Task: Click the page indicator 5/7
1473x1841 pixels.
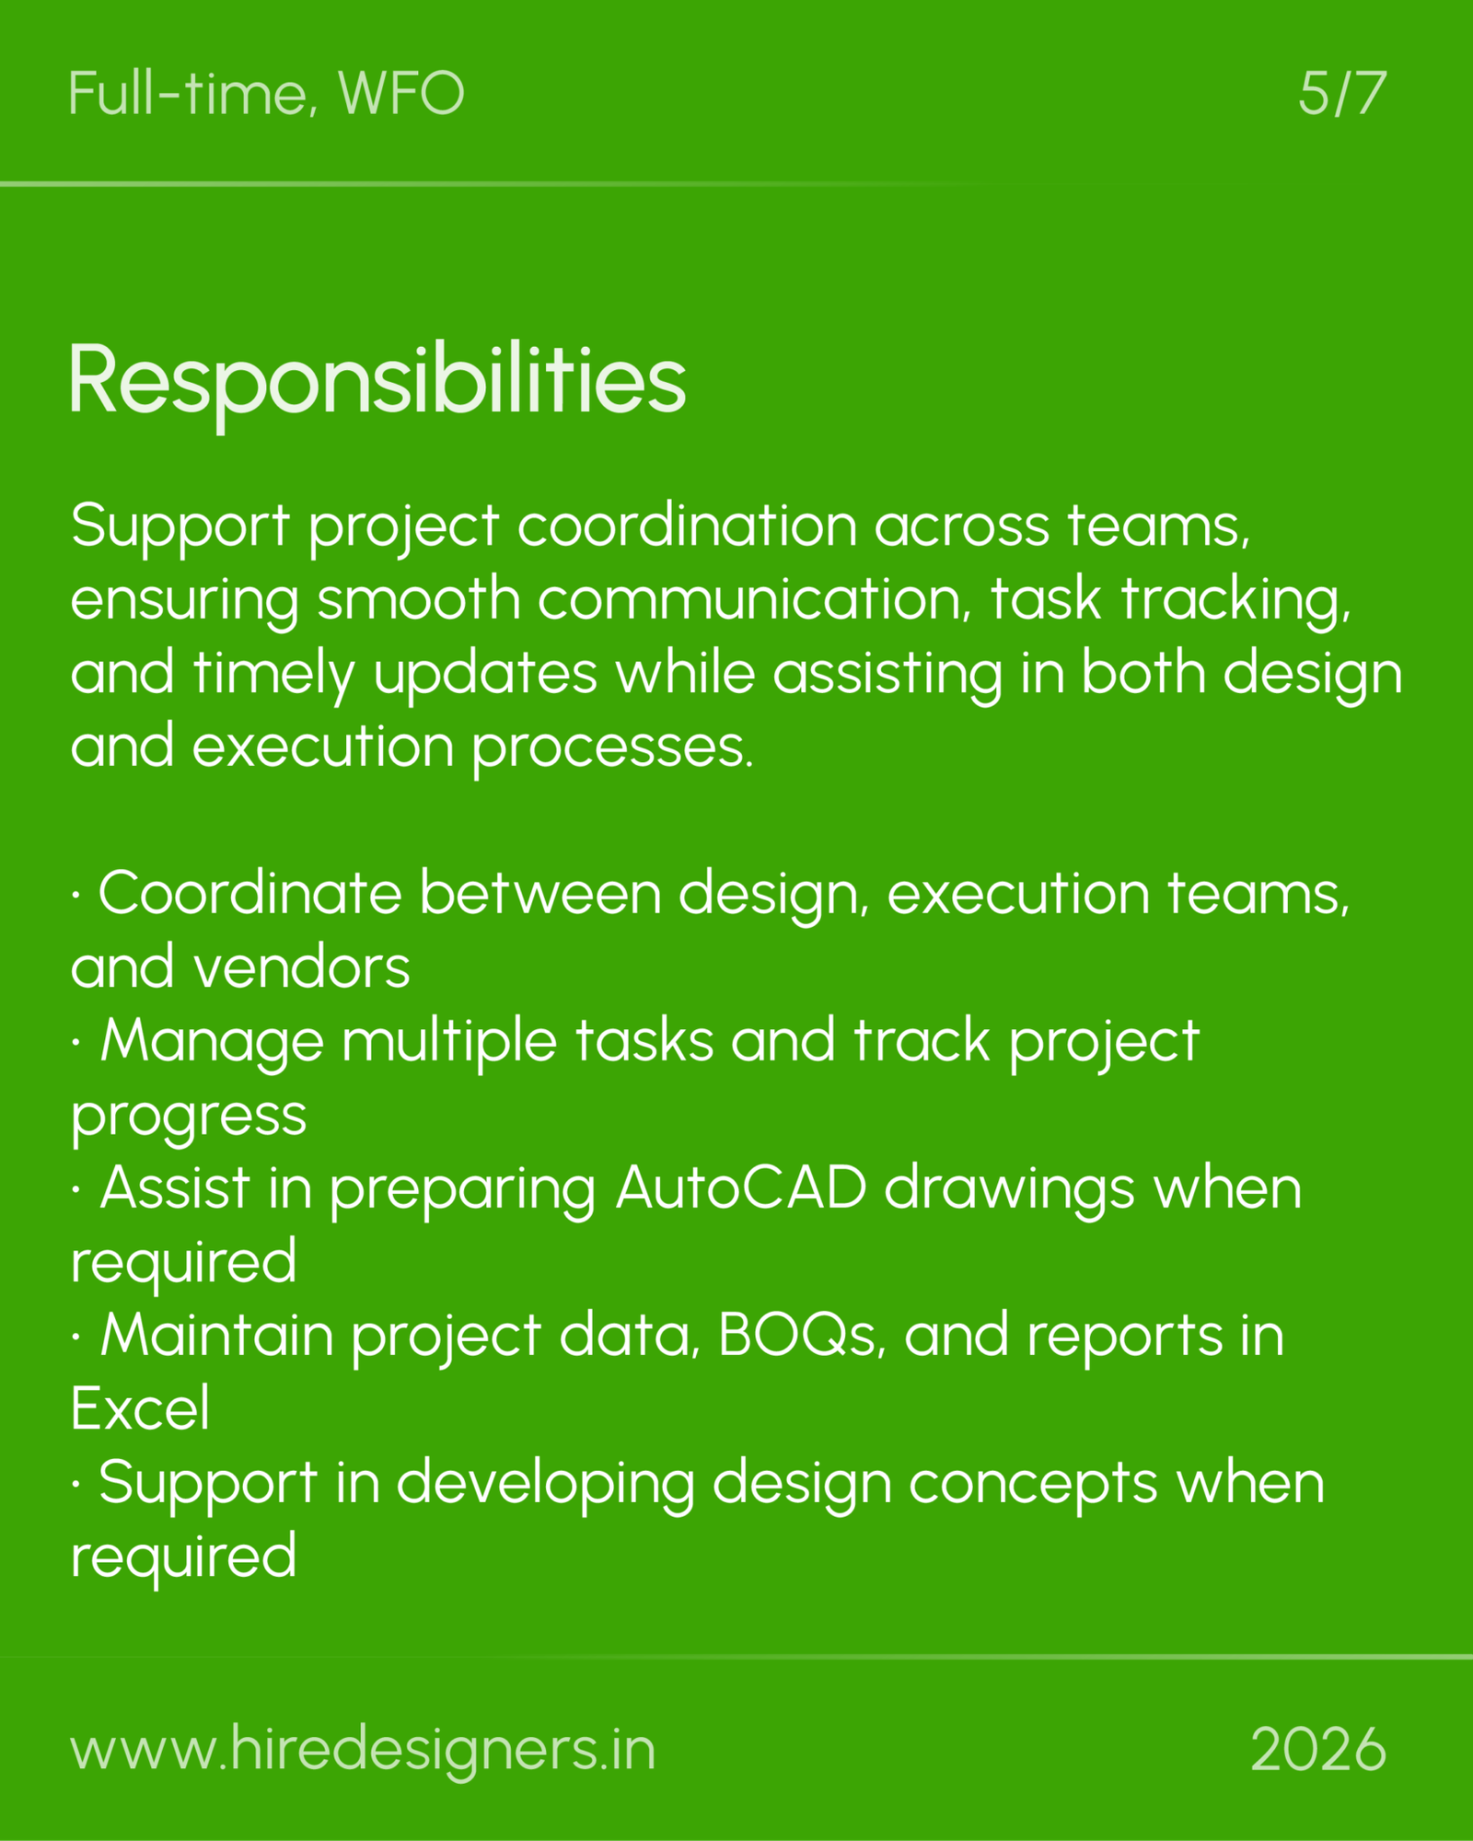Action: coord(1341,93)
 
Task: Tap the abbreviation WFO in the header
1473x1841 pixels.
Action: coord(401,93)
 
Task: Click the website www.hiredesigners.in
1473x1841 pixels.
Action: coord(363,1749)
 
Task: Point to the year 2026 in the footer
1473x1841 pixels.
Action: coord(1317,1749)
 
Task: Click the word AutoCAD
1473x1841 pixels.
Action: coord(741,1187)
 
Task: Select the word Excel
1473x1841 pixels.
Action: coord(140,1408)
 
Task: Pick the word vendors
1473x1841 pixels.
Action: coord(301,967)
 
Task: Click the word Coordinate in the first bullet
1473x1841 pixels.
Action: coord(250,894)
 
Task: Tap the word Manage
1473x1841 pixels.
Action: coord(212,1042)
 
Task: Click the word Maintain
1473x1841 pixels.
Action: coord(216,1335)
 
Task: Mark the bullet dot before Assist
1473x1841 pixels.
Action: coord(75,1188)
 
